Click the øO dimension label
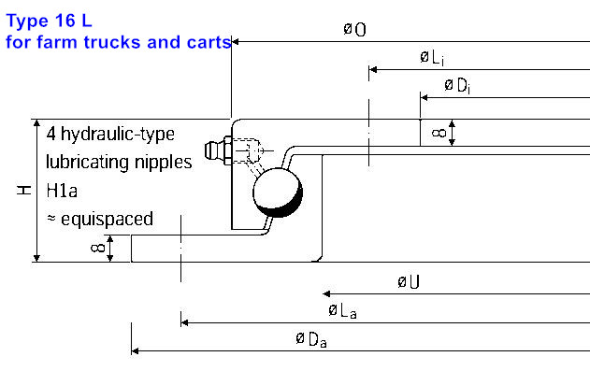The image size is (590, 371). pos(354,29)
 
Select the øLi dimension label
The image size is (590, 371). pos(432,58)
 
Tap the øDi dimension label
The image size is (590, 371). pos(457,86)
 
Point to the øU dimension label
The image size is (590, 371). pos(409,282)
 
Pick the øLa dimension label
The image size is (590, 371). pos(342,311)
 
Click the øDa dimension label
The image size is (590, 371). pos(311,339)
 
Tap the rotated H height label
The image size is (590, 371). pos(23,190)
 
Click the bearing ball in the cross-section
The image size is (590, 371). pos(278,193)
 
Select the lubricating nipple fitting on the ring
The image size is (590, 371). pos(218,151)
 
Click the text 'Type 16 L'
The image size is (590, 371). pos(49,21)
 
